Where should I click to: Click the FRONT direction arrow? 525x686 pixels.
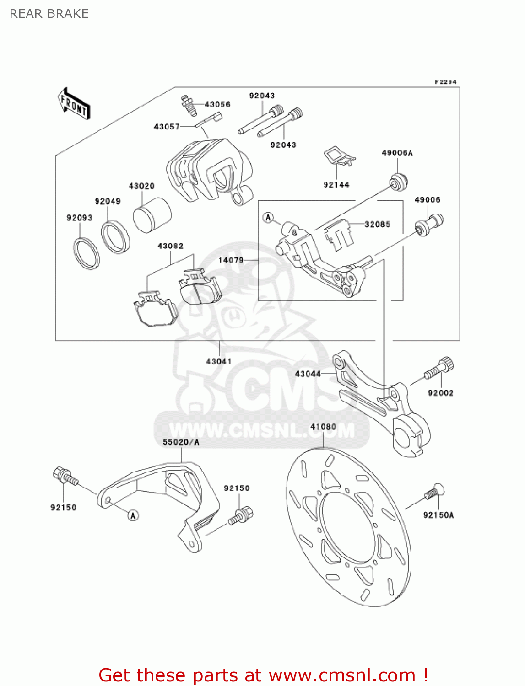pos(74,104)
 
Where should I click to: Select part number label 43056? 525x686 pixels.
pos(217,104)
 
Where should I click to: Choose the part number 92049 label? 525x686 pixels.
pos(108,201)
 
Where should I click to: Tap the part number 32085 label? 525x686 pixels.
pos(377,224)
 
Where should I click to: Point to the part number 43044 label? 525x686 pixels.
pos(308,374)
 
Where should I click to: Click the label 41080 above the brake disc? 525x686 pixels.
pos(323,427)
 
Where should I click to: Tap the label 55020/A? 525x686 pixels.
pos(181,442)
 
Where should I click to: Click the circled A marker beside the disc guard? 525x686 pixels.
pos(133,515)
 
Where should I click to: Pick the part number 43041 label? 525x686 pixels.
pos(219,361)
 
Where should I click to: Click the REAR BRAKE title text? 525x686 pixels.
pos(49,14)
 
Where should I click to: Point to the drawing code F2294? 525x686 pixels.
pos(445,82)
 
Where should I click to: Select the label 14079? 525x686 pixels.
pos(231,260)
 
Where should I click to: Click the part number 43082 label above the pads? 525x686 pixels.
pos(170,246)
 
